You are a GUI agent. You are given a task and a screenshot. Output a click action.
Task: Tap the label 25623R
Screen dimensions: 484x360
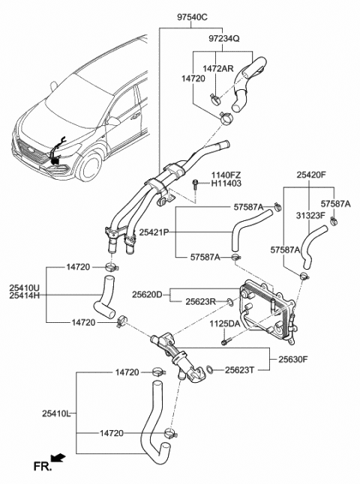[201, 302]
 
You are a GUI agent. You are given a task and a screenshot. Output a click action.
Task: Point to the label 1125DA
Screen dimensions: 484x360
[224, 324]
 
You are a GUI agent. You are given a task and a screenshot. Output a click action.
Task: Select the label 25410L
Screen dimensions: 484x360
[57, 413]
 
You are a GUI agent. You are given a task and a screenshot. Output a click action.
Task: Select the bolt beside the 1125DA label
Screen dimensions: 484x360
[224, 342]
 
